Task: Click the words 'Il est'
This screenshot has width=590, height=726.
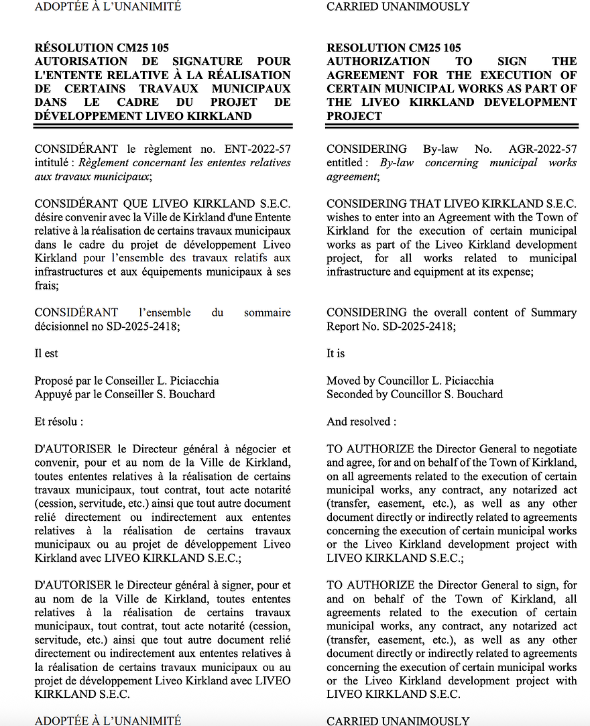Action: pos(46,353)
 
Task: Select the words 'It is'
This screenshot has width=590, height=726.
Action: pos(336,353)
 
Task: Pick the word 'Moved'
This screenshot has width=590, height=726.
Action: pos(343,381)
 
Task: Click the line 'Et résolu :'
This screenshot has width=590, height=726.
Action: pos(59,422)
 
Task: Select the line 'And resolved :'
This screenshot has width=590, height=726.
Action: pos(361,422)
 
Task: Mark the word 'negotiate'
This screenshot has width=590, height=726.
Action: pos(554,449)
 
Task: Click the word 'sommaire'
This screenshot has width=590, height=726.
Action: pos(268,312)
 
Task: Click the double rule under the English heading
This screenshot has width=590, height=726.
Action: pos(452,125)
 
